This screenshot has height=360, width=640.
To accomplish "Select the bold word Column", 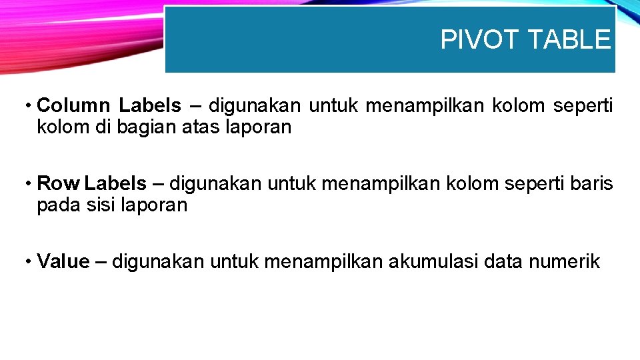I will coord(73,105).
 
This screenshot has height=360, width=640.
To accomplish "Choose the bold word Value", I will coord(63,261).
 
